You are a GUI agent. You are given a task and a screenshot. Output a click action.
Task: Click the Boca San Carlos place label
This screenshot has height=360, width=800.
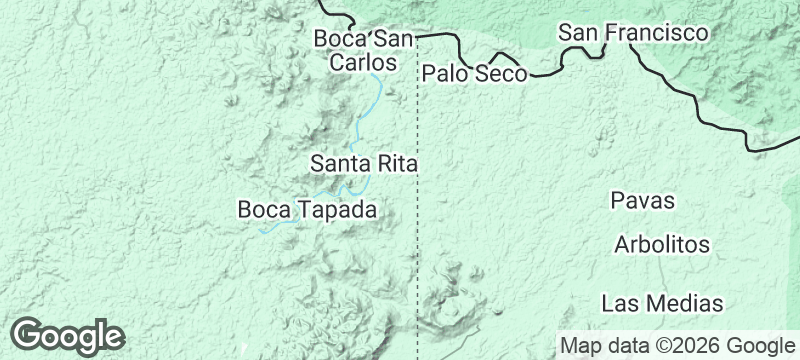click(363, 50)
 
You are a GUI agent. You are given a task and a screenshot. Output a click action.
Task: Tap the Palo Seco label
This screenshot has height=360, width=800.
click(474, 73)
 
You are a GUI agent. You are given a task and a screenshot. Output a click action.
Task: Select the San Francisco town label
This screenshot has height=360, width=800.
click(634, 33)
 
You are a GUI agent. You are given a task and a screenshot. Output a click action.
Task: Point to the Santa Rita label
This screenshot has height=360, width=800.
click(363, 162)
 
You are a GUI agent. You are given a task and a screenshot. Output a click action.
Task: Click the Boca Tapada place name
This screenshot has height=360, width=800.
click(307, 210)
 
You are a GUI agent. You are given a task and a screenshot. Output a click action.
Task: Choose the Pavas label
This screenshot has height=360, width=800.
click(643, 201)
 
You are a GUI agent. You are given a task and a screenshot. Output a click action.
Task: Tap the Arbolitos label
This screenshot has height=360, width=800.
click(662, 245)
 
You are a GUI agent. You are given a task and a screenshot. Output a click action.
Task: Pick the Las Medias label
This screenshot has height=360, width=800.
click(662, 302)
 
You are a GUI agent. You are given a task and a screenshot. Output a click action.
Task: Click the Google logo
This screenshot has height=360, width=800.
click(67, 336)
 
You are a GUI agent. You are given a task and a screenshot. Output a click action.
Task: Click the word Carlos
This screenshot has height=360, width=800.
click(363, 62)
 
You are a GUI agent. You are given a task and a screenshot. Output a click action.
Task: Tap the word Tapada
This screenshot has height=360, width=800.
click(337, 210)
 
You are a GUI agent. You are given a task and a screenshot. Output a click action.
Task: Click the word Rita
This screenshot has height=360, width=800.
click(396, 162)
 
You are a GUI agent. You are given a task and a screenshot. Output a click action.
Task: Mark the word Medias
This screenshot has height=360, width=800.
click(686, 302)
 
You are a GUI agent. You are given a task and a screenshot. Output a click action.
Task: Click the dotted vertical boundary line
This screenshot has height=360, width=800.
click(417, 240)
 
